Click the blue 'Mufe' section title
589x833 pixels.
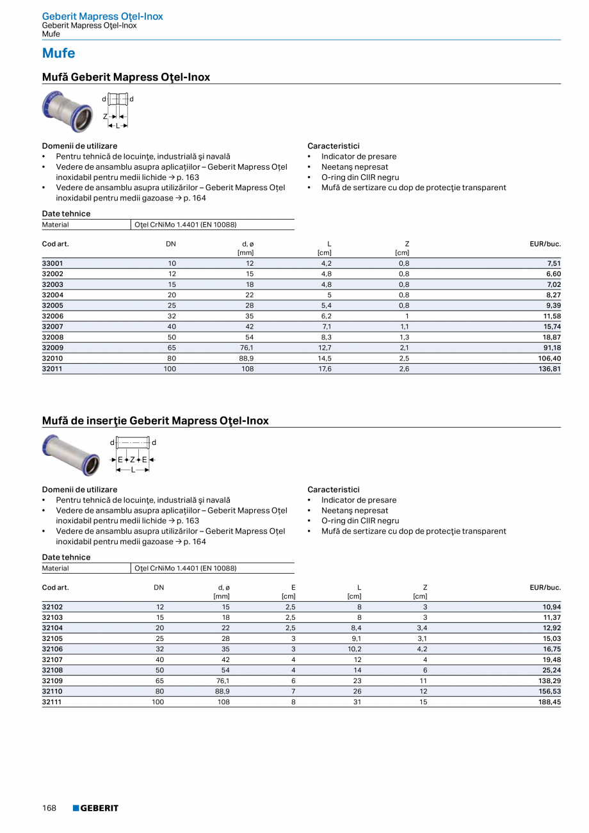pyautogui.click(x=58, y=53)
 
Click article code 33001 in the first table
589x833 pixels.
pyautogui.click(x=52, y=263)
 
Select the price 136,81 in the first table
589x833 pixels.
pyautogui.click(x=549, y=369)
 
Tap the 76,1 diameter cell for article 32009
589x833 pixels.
pyautogui.click(x=246, y=348)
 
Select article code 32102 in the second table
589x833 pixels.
pyautogui.click(x=52, y=606)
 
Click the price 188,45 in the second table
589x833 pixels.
pyautogui.click(x=549, y=702)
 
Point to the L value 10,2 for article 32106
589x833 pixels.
pyautogui.click(x=354, y=649)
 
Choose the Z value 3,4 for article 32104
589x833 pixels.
pyautogui.click(x=422, y=627)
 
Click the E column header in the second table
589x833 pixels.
pyautogui.click(x=293, y=587)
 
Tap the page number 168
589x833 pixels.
pyautogui.click(x=49, y=808)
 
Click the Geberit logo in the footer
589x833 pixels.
pyautogui.click(x=95, y=808)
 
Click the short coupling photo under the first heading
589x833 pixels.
pyautogui.click(x=67, y=111)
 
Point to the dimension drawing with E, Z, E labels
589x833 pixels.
pyautogui.click(x=133, y=455)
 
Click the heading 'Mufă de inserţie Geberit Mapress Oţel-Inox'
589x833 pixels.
pyautogui.click(x=155, y=421)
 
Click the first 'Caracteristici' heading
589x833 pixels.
pyautogui.click(x=333, y=146)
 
